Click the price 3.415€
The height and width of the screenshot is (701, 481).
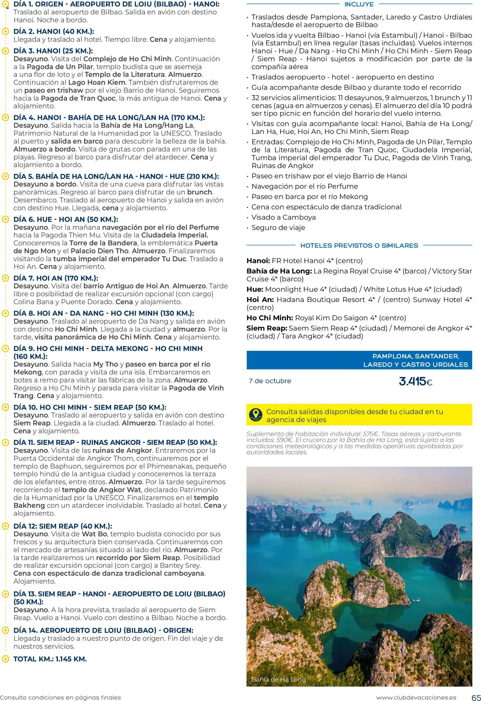point(415,381)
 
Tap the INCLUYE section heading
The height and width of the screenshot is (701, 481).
point(359,4)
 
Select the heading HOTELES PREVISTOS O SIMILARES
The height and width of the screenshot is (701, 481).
point(359,246)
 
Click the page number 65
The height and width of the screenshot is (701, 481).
point(476,697)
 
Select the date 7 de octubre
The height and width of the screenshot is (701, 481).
point(270,381)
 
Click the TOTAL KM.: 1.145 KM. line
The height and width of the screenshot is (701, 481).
point(50,659)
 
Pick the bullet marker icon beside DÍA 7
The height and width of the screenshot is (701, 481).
point(5,278)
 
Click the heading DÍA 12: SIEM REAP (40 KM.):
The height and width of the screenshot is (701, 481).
point(63,526)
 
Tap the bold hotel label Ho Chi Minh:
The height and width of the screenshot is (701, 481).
point(270,318)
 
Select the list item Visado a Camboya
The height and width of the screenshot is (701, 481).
point(283,217)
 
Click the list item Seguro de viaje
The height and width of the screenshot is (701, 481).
point(278,228)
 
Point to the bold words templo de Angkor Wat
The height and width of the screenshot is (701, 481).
point(101,490)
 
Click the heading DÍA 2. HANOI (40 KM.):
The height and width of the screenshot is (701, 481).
point(54,32)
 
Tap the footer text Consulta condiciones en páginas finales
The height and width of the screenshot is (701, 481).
point(61,698)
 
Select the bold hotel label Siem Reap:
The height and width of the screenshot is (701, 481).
point(267,328)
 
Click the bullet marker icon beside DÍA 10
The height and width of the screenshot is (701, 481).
point(5,407)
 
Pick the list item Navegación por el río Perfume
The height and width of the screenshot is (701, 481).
point(304,186)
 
